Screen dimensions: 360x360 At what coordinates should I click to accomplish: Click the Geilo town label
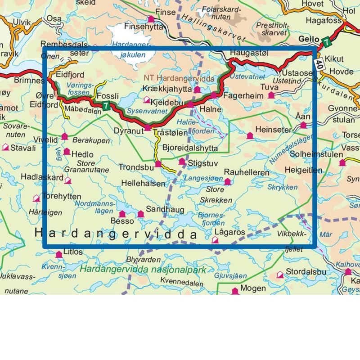click(x=309, y=40)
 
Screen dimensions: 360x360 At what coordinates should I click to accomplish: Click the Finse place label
click(x=165, y=12)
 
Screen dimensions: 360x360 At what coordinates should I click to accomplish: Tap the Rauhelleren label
click(x=247, y=173)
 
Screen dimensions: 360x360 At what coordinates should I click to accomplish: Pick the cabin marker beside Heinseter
click(x=250, y=135)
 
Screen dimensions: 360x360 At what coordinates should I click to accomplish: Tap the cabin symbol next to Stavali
click(x=5, y=147)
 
